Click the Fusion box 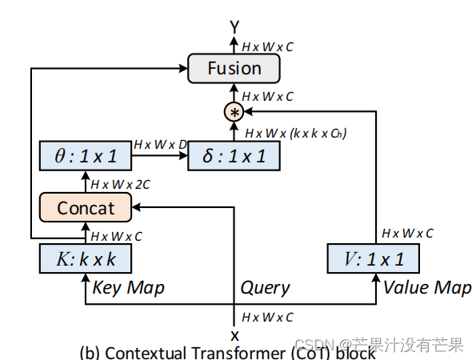pyautogui.click(x=234, y=68)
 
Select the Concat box pyautogui.click(x=85, y=208)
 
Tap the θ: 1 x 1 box pyautogui.click(x=85, y=155)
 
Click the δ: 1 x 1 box pyautogui.click(x=234, y=155)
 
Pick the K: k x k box pyautogui.click(x=85, y=258)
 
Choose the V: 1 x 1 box pyautogui.click(x=374, y=258)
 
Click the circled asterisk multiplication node pyautogui.click(x=234, y=112)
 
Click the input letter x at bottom pyautogui.click(x=234, y=335)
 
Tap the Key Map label pyautogui.click(x=129, y=287)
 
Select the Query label pyautogui.click(x=265, y=287)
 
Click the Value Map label pyautogui.click(x=428, y=287)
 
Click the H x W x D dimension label pyautogui.click(x=160, y=144)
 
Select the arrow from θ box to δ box pyautogui.click(x=159, y=156)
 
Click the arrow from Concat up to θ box pyautogui.click(x=85, y=182)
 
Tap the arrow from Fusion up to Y pyautogui.click(x=234, y=44)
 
